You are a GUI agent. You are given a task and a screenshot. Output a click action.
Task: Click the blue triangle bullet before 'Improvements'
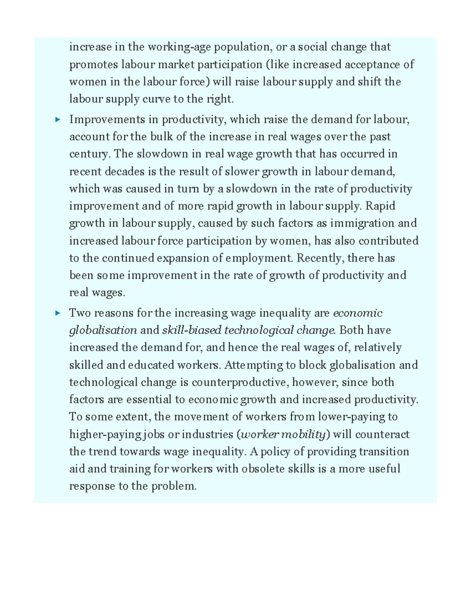click(x=57, y=119)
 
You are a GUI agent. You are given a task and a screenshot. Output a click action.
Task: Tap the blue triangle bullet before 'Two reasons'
click(x=57, y=313)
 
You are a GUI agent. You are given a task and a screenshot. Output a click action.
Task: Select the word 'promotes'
click(x=92, y=64)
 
